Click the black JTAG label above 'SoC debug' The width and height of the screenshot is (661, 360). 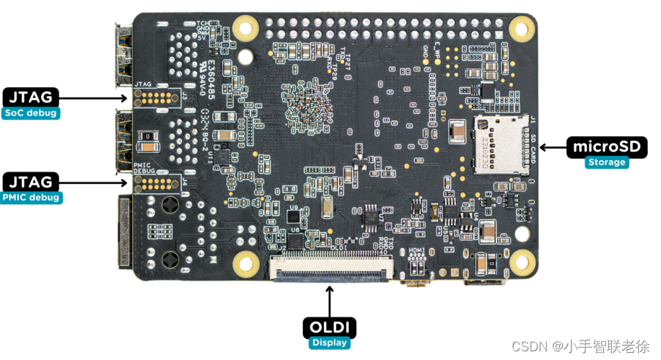(30, 97)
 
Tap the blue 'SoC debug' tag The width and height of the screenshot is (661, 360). (30, 113)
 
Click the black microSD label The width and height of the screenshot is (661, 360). (606, 147)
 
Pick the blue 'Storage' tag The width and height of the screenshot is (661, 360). (606, 162)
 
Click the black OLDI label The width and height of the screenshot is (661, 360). (329, 328)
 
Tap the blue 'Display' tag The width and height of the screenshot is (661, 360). (329, 343)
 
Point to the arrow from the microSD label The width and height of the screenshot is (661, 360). (553, 147)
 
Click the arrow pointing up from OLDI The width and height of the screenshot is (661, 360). (329, 300)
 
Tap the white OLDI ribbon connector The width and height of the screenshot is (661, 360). (330, 270)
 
